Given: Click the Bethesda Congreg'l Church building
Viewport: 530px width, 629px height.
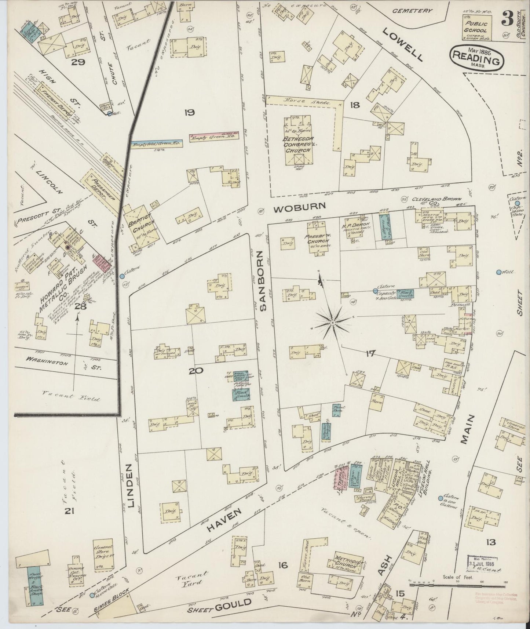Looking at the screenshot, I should click(297, 139).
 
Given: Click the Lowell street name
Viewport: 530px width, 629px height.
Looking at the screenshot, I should click(403, 45).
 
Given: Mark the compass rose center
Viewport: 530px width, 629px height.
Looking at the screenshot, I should click(332, 323).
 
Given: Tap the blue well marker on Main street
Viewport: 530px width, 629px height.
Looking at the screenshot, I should click(498, 272).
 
